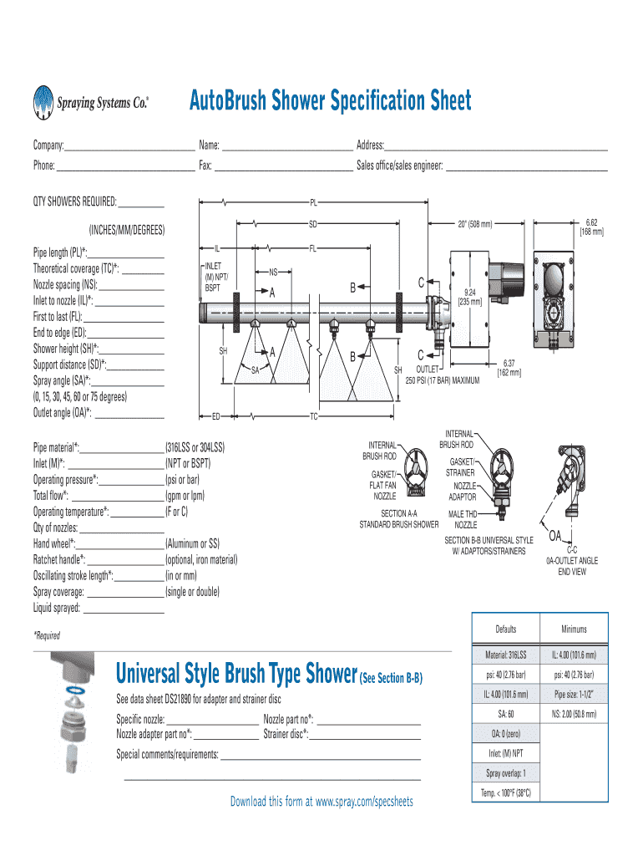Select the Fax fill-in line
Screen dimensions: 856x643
click(283, 166)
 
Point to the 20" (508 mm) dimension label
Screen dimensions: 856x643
click(474, 224)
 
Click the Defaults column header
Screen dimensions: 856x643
click(505, 629)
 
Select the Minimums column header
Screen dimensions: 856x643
click(573, 629)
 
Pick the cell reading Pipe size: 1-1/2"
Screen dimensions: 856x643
click(573, 694)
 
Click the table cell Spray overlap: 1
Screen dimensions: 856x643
click(505, 773)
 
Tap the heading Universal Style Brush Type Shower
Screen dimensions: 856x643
click(235, 672)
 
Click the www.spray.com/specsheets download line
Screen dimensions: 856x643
click(321, 802)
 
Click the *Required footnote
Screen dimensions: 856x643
click(47, 635)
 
